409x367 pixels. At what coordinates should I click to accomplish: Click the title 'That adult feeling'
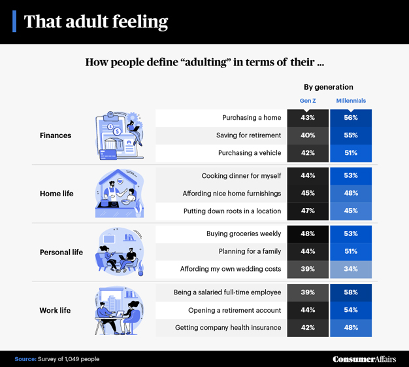pos(95,22)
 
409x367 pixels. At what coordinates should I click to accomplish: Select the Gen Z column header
pos(308,101)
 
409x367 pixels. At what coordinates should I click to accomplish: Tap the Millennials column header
pos(351,101)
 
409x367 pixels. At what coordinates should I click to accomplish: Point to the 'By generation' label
pos(329,87)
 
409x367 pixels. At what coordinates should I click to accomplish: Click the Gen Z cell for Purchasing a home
pos(308,118)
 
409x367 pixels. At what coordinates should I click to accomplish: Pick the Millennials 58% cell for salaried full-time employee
pos(351,292)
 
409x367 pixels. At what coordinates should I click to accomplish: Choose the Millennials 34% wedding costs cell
pos(351,269)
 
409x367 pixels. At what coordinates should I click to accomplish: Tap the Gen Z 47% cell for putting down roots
pos(308,211)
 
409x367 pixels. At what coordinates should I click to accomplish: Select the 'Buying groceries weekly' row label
pos(243,234)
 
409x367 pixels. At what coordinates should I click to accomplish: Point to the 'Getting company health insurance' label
pos(228,327)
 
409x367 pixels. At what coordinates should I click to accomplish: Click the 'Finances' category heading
pos(56,135)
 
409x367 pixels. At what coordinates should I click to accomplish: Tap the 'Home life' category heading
pos(57,194)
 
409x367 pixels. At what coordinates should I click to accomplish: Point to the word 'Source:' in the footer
pos(25,359)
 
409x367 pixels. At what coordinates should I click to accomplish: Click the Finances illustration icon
pos(120,135)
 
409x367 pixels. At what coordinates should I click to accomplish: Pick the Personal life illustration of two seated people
pos(120,251)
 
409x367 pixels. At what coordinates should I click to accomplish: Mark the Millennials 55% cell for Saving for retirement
pos(351,135)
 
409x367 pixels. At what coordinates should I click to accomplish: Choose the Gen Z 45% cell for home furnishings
pos(308,193)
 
